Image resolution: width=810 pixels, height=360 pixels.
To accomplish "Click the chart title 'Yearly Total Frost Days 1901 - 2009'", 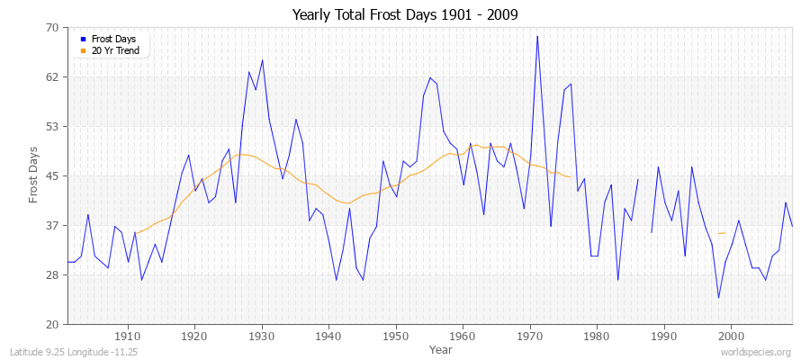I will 405,15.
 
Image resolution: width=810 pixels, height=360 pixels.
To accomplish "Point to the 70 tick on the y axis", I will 52,28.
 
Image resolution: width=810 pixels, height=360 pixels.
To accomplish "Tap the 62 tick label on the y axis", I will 52,77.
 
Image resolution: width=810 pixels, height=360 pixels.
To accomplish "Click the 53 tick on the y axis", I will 52,126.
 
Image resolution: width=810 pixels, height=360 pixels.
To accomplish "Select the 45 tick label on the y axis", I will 52,175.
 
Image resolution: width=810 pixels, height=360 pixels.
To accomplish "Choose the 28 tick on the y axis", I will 52,274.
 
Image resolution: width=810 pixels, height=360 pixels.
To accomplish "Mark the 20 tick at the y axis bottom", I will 52,324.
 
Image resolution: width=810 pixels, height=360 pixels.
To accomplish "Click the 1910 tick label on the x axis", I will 128,336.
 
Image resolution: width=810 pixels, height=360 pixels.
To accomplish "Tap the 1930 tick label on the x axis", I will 262,336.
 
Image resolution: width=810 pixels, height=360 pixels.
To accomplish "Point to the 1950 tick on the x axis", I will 396,336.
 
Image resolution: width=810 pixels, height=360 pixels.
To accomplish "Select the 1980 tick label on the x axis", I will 597,336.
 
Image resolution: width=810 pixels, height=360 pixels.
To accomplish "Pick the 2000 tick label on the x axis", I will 731,336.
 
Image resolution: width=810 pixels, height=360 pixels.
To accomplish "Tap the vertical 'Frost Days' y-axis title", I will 33,175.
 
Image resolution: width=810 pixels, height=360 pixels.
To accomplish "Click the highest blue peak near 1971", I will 537,36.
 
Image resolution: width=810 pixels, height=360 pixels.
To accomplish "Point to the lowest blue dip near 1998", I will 718,298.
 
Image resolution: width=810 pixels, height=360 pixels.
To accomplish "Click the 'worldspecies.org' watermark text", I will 757,352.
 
